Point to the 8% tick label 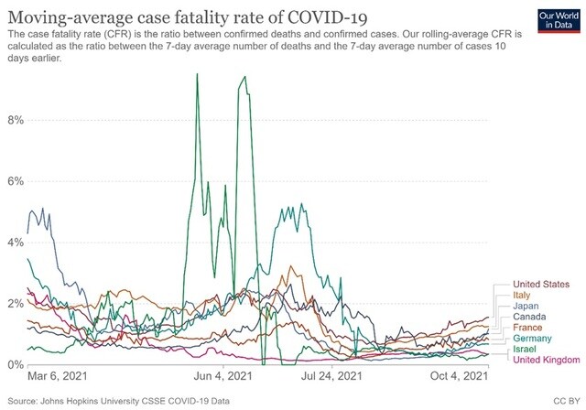[14, 120]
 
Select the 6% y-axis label [14, 181]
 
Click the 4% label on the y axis [14, 243]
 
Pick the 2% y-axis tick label [14, 304]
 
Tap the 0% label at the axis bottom [14, 365]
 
